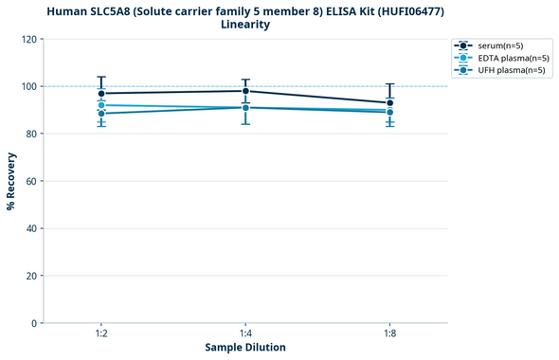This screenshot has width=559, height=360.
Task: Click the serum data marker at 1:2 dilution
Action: coord(101,94)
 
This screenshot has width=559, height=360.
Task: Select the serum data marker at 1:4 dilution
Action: coord(245,91)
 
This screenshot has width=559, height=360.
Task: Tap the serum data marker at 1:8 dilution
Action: coord(390,103)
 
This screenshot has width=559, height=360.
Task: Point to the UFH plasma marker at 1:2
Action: coord(101,114)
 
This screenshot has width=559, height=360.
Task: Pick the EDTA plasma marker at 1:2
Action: coord(101,105)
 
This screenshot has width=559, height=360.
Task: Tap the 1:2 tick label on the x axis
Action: coord(101,334)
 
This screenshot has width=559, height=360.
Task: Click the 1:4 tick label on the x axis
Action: coord(245,334)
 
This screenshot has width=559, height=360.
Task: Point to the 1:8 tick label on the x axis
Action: coord(390,334)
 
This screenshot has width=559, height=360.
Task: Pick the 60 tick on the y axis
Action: coord(30,181)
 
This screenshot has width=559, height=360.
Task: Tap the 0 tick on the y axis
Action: coord(33,323)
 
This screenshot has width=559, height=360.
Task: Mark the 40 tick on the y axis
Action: coord(30,228)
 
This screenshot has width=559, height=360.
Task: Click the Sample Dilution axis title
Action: coord(245,348)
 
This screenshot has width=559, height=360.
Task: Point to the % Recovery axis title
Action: coord(10,181)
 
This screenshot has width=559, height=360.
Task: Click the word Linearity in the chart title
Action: coord(245,25)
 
